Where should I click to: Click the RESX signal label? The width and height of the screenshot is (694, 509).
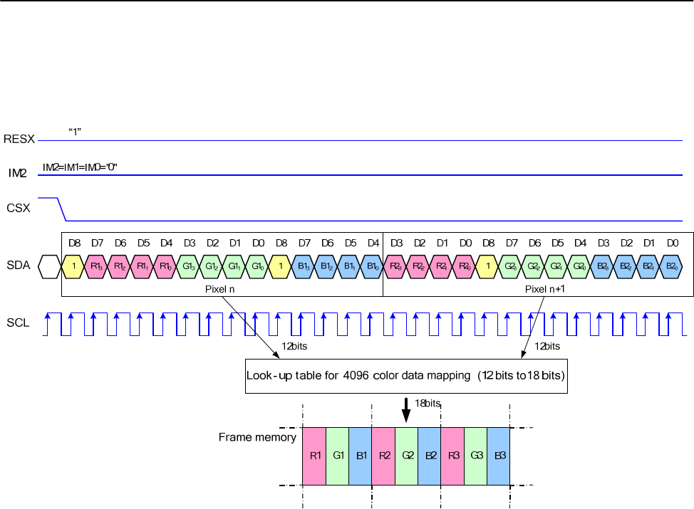[x=19, y=138]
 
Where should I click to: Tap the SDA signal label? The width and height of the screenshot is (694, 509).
[x=19, y=267]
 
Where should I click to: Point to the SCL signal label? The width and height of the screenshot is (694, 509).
[x=19, y=322]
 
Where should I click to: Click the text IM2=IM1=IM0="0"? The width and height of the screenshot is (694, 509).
[x=80, y=167]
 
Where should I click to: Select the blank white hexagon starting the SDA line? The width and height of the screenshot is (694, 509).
[x=48, y=267]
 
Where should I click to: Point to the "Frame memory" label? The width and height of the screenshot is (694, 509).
[x=257, y=437]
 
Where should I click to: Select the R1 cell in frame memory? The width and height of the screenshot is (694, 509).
[x=314, y=456]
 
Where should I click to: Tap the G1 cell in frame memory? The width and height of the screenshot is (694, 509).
[x=337, y=456]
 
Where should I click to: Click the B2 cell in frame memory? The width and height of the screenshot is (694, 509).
[x=430, y=456]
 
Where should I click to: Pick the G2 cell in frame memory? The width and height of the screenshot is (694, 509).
[x=406, y=456]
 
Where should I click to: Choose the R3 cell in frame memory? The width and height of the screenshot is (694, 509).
[x=452, y=456]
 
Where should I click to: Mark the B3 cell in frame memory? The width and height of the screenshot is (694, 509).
[x=498, y=456]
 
